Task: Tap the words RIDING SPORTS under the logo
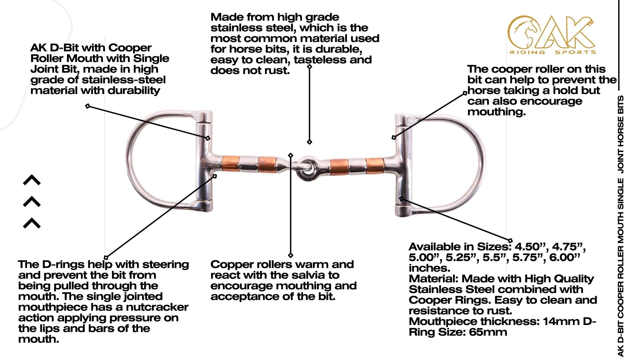click(552, 52)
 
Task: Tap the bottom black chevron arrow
click(32, 223)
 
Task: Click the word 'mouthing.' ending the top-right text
click(496, 112)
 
